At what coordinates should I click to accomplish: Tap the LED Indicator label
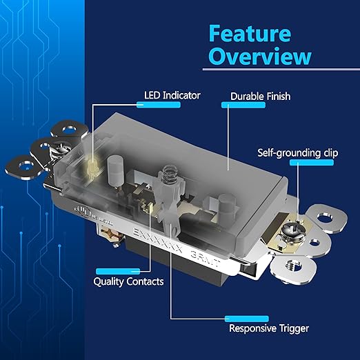172,95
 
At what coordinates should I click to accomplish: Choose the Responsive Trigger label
268,328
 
